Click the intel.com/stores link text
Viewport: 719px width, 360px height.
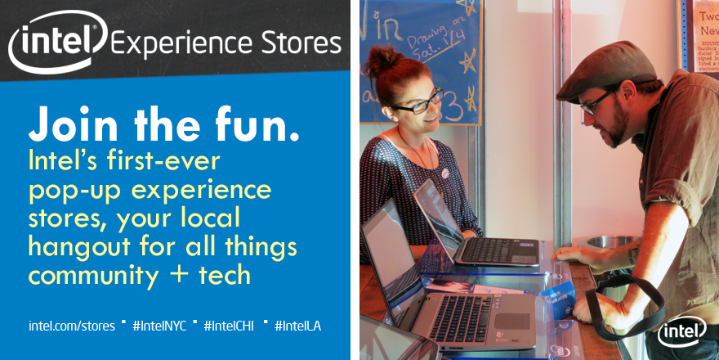[72, 326]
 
